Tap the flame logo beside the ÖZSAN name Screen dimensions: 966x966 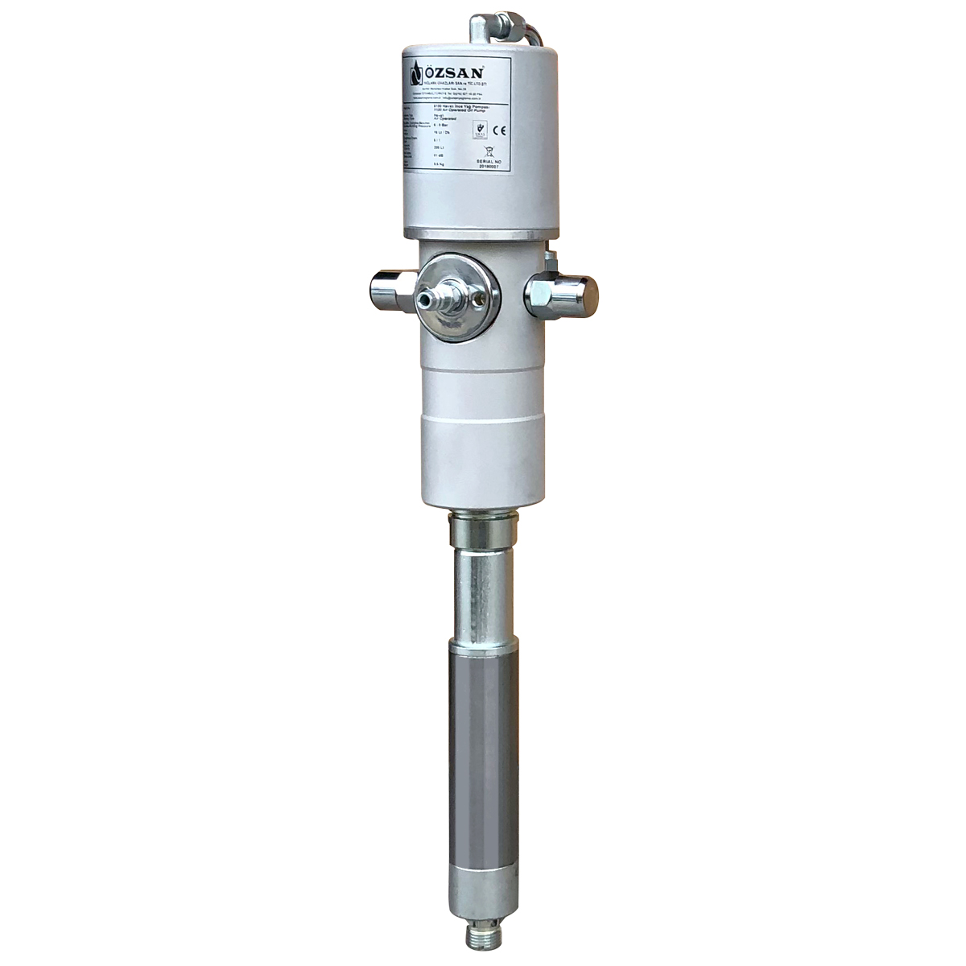tap(416, 74)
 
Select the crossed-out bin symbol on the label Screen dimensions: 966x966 tap(488, 151)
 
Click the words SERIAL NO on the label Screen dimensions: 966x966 tap(488, 162)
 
